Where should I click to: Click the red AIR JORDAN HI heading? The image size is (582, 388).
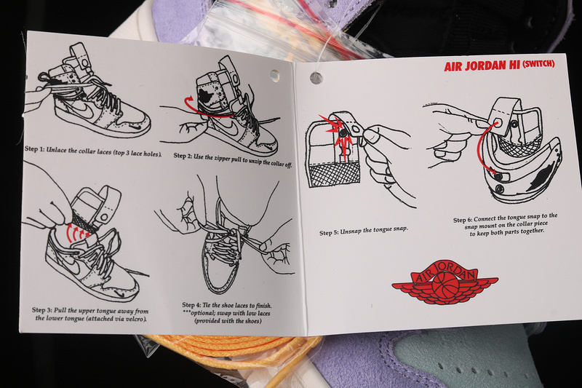(x=482, y=66)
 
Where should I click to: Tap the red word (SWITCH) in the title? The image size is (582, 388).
(x=538, y=64)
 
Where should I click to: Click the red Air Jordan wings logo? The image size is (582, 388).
(x=445, y=282)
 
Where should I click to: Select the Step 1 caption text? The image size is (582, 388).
(x=93, y=151)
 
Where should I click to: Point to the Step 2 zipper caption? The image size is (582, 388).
(x=233, y=160)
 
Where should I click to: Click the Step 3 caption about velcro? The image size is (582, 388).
(x=90, y=314)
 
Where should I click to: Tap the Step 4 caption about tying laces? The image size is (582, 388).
(x=227, y=313)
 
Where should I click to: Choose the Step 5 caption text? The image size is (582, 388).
(x=364, y=231)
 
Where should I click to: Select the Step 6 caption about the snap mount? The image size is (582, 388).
(x=506, y=225)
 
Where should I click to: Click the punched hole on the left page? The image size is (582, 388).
(x=275, y=75)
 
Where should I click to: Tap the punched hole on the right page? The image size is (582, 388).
(x=316, y=78)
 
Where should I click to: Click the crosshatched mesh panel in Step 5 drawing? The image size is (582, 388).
(x=334, y=175)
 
